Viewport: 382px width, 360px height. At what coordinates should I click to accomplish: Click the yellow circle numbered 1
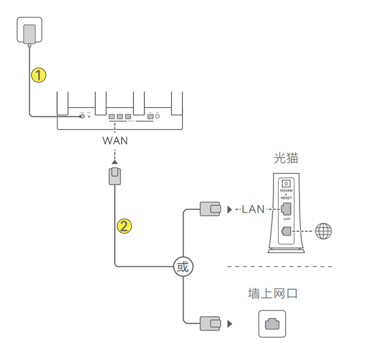pos(39,75)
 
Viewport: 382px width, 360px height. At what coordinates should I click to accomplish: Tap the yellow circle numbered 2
pos(124,226)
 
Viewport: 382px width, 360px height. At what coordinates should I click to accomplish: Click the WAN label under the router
pos(115,141)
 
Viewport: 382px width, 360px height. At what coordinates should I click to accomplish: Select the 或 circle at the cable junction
pos(183,266)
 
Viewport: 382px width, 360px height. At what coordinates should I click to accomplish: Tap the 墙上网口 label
pos(273,293)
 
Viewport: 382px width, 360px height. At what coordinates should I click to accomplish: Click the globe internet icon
pos(324,231)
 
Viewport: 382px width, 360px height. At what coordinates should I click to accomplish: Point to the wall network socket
pos(272,324)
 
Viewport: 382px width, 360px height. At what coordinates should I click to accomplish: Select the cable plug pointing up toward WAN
pos(115,176)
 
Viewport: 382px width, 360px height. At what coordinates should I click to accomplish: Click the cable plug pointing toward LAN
pos(210,209)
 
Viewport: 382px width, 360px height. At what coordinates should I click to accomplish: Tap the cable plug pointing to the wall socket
pos(210,324)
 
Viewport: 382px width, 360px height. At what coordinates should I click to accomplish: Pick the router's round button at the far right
pos(157,117)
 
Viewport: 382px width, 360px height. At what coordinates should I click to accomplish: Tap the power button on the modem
pos(286,184)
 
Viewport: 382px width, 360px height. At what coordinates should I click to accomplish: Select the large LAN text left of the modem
pos(253,209)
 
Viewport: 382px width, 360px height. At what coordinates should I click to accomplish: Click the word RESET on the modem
pos(286,198)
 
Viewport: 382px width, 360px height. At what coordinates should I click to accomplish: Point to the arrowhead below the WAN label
pos(115,162)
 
